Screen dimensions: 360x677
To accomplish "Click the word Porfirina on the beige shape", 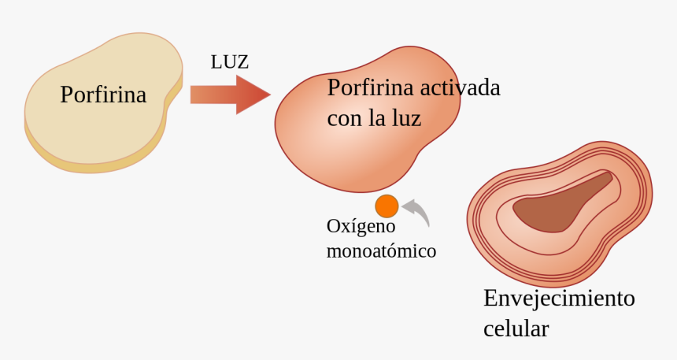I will point(103,95).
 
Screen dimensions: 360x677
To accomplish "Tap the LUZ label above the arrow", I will point(230,62).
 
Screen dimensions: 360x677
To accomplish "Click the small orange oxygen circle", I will point(387,206).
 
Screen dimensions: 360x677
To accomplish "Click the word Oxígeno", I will point(361,227).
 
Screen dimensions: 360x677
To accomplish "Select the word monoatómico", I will point(381,251).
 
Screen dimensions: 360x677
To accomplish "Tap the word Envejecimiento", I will point(559,299).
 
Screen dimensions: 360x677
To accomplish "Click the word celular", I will point(516,328).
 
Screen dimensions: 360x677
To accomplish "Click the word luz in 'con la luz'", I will point(404,119).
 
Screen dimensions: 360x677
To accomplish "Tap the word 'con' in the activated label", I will point(342,119).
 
